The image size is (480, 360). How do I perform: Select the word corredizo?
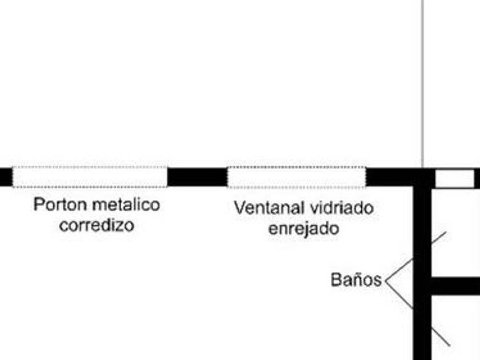point(97,225)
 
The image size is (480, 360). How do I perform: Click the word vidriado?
point(342,207)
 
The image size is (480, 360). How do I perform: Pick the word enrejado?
point(304,229)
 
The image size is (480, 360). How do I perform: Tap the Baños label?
point(355,280)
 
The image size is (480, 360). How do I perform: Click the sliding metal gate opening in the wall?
point(90,177)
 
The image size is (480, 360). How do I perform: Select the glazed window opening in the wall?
point(297,177)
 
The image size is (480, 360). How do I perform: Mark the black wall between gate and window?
point(197,177)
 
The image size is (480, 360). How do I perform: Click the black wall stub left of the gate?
point(5,177)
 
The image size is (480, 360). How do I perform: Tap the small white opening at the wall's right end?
point(455,179)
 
